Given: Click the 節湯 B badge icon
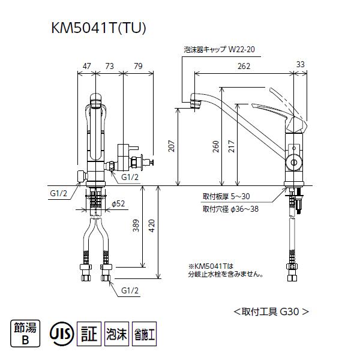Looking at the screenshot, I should pyautogui.click(x=24, y=334).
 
